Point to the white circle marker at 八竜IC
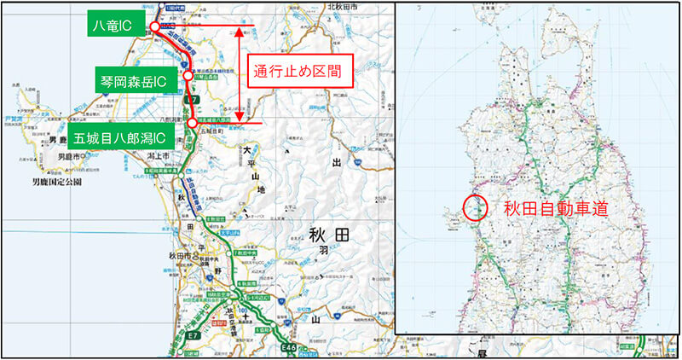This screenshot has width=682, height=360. [x=154, y=27]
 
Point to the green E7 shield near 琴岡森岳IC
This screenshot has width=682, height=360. [x=194, y=100]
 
